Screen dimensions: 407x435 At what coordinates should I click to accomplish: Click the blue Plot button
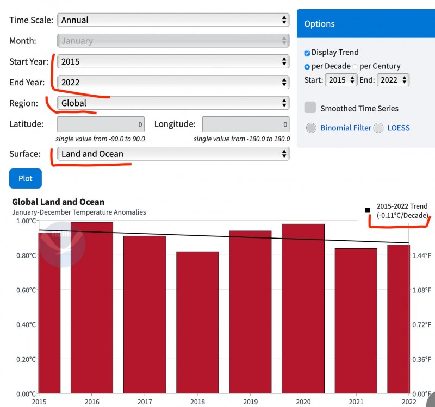pyautogui.click(x=25, y=178)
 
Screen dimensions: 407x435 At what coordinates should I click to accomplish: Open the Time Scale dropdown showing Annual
pyautogui.click(x=173, y=20)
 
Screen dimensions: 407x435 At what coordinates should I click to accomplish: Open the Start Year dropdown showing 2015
pyautogui.click(x=173, y=61)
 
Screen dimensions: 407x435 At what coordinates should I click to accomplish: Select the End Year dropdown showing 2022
pyautogui.click(x=173, y=82)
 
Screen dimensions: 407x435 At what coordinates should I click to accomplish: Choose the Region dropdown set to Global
pyautogui.click(x=173, y=103)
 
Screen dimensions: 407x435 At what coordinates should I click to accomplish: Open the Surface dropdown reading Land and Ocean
pyautogui.click(x=173, y=154)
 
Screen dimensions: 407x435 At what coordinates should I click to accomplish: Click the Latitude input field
pyautogui.click(x=101, y=124)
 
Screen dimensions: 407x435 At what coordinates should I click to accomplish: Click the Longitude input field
pyautogui.click(x=245, y=124)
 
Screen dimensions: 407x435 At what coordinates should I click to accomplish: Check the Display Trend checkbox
pyautogui.click(x=307, y=53)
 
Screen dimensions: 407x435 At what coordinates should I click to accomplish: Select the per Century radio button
pyautogui.click(x=355, y=66)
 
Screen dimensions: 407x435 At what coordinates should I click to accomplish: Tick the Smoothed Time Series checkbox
pyautogui.click(x=310, y=108)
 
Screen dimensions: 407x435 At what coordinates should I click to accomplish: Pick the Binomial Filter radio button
pyautogui.click(x=311, y=128)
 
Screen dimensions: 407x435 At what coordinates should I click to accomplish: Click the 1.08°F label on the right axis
pyautogui.click(x=421, y=290)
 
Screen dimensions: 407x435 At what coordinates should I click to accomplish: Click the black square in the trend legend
pyautogui.click(x=368, y=210)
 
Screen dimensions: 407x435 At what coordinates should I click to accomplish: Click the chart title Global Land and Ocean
pyautogui.click(x=58, y=202)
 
